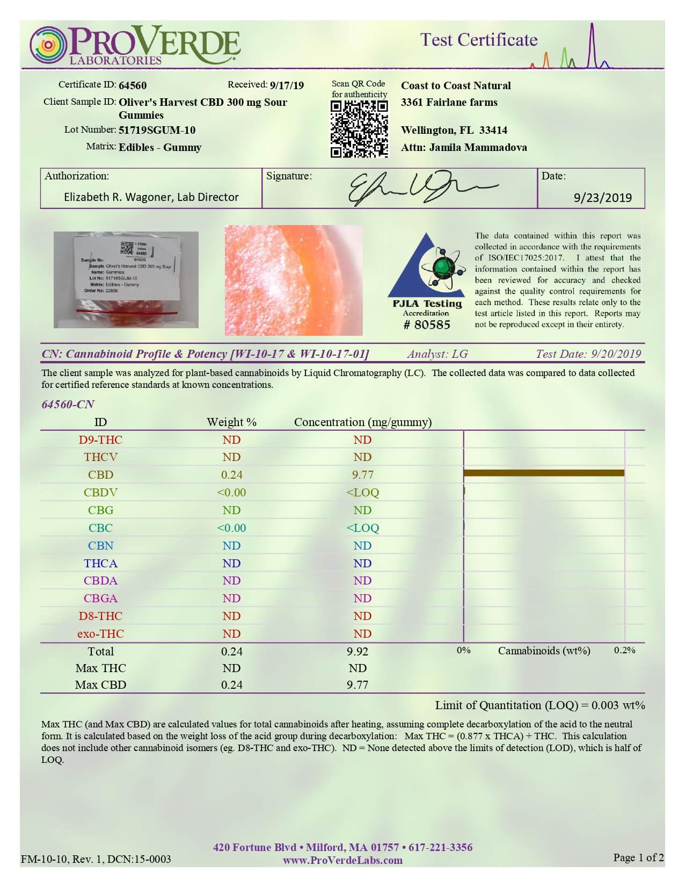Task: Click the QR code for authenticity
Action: click(x=359, y=129)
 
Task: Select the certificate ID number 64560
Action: click(x=133, y=85)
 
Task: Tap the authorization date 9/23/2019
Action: click(x=603, y=197)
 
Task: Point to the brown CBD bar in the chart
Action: click(x=543, y=473)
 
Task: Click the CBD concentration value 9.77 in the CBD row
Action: click(x=362, y=475)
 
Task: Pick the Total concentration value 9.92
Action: click(x=358, y=652)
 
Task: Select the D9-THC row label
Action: click(x=100, y=440)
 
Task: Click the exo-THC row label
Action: click(x=100, y=634)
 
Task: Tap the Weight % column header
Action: click(x=231, y=422)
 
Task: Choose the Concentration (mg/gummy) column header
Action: click(x=363, y=422)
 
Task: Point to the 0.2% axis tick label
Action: click(x=625, y=651)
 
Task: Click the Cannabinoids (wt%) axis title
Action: click(x=544, y=651)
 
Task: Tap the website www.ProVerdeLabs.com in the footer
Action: click(x=342, y=860)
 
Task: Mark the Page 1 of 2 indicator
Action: click(x=638, y=857)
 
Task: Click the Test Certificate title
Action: click(x=478, y=40)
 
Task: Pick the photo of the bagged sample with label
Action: click(x=126, y=279)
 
